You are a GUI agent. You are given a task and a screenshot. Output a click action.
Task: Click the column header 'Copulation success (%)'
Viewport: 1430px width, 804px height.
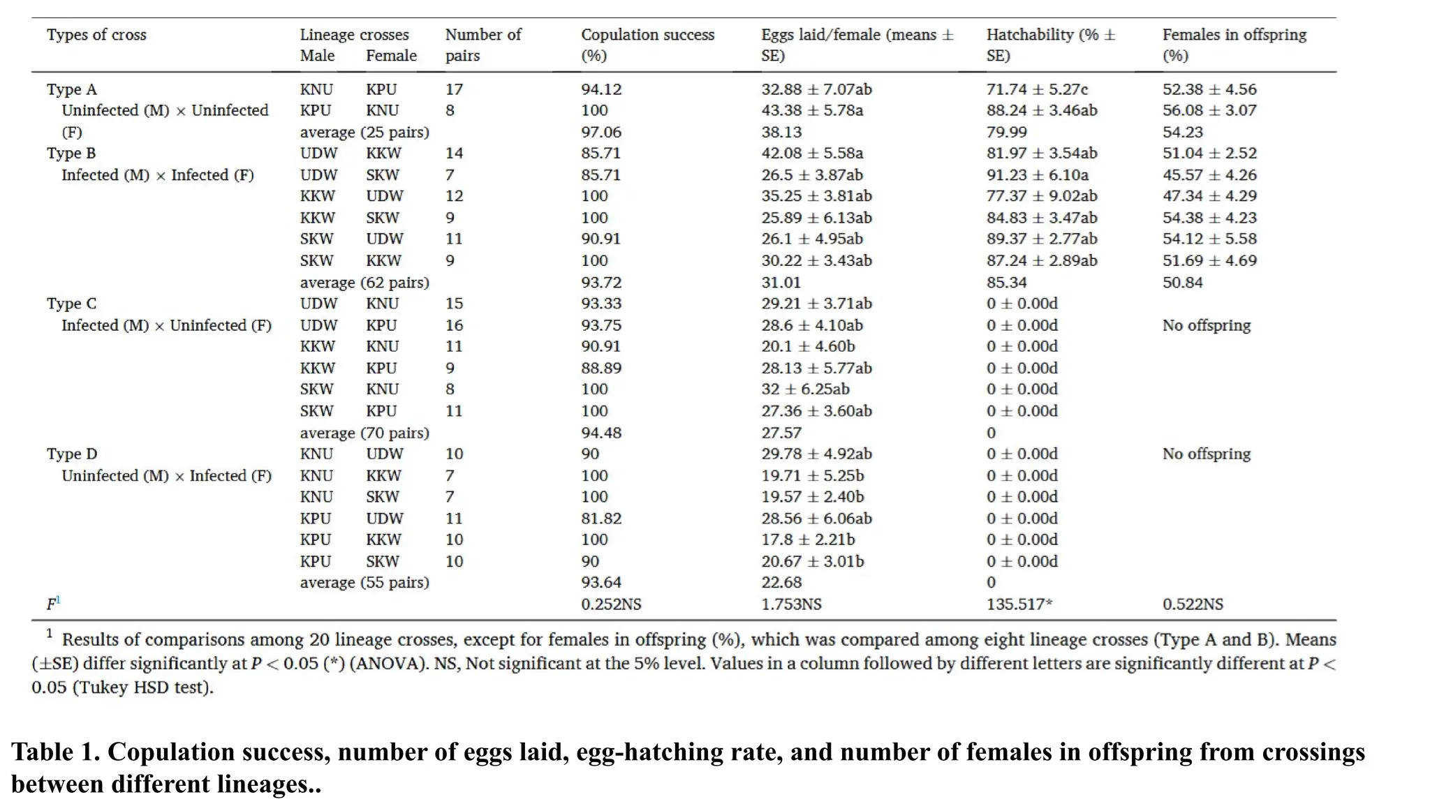(x=647, y=45)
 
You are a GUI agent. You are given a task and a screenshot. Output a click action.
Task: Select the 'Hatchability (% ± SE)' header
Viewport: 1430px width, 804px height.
(x=1050, y=45)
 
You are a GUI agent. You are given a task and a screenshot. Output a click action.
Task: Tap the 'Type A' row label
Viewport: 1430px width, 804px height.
(x=71, y=89)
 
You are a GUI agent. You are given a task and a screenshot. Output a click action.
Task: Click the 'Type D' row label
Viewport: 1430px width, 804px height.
(x=71, y=454)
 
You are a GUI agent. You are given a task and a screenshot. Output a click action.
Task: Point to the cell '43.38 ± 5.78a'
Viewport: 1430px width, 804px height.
(x=811, y=110)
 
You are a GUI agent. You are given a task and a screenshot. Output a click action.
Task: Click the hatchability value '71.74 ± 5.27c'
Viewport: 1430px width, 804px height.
(x=1036, y=89)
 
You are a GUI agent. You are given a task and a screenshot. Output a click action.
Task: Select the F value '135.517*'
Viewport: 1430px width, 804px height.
(x=1019, y=604)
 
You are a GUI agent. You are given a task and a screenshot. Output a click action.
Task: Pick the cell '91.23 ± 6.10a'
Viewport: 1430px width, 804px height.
(x=1036, y=174)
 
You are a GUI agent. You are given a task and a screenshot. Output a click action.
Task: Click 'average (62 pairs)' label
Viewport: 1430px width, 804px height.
(x=364, y=283)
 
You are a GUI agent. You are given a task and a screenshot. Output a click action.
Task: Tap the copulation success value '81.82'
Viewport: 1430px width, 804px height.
(x=600, y=518)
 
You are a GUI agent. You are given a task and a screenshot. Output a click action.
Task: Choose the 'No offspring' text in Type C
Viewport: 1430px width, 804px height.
(x=1206, y=325)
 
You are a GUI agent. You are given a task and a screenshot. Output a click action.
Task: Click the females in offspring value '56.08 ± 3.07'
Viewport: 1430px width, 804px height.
(x=1209, y=110)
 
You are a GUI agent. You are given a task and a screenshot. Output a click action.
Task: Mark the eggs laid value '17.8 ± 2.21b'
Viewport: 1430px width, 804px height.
(x=807, y=539)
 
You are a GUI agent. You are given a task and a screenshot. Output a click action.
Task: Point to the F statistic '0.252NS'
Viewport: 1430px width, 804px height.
(x=610, y=604)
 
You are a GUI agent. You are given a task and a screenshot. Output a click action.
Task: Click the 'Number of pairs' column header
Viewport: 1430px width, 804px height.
(x=482, y=45)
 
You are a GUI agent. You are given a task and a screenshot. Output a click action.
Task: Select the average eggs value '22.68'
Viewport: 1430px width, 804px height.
(x=781, y=582)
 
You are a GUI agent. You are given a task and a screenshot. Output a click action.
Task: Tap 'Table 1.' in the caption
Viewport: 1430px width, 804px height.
(x=55, y=752)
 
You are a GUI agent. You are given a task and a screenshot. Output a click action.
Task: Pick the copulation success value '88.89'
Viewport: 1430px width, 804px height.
(x=600, y=368)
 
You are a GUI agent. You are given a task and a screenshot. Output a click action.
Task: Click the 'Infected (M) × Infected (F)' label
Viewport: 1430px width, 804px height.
(x=157, y=174)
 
